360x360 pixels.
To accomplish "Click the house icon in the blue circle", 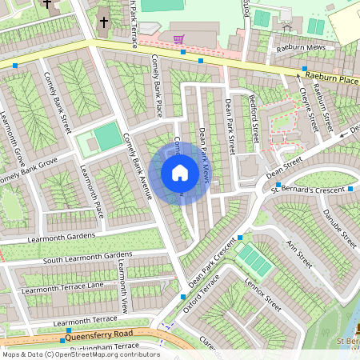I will (x=180, y=173).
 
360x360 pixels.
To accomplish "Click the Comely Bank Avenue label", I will (x=137, y=164).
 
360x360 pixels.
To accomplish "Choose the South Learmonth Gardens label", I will (x=78, y=258).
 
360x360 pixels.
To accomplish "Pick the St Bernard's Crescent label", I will (x=308, y=189).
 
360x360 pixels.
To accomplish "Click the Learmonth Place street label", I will (x=93, y=191).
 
